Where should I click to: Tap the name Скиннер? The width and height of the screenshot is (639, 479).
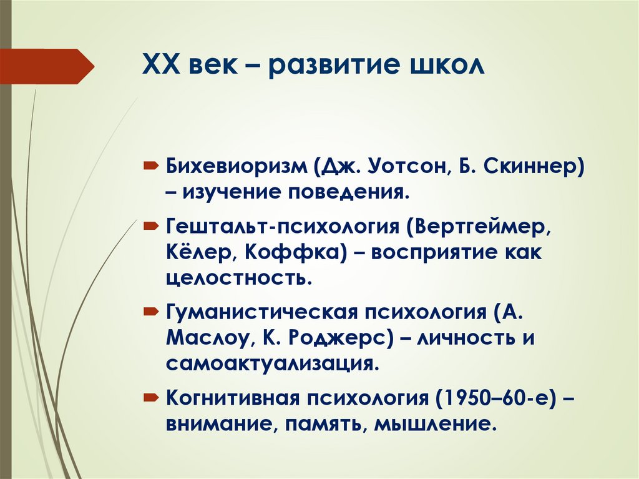click(x=534, y=167)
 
